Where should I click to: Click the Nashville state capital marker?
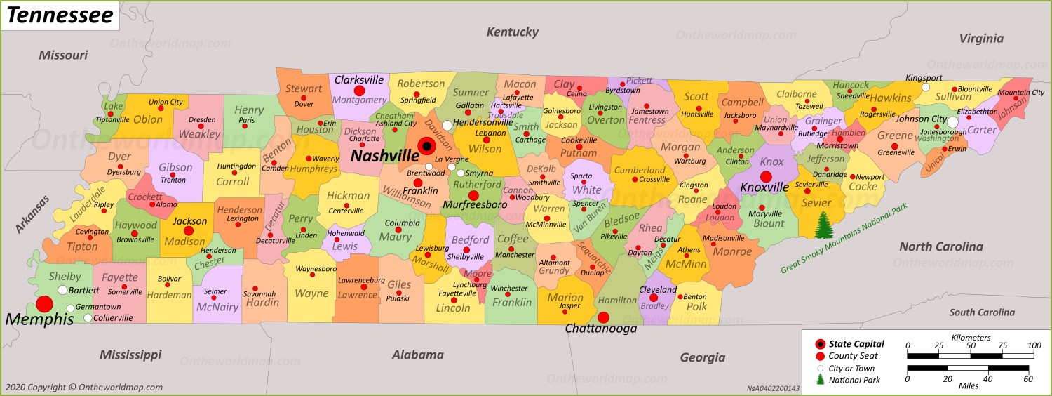click(x=426, y=146)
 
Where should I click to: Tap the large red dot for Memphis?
click(x=44, y=304)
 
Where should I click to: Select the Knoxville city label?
click(x=764, y=187)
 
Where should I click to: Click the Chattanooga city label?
click(x=601, y=329)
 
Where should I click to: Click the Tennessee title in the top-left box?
click(x=60, y=15)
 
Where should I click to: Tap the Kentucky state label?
click(x=512, y=32)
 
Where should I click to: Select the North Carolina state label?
click(x=940, y=246)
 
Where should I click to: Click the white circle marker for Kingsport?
click(x=925, y=88)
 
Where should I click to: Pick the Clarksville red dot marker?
click(x=359, y=91)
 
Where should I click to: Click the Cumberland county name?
click(x=640, y=170)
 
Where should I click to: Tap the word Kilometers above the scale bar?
click(x=971, y=337)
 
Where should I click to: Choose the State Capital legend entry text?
click(x=856, y=344)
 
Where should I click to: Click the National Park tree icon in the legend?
click(x=820, y=380)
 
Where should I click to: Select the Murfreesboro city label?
click(x=475, y=205)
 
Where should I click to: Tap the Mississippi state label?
click(x=130, y=355)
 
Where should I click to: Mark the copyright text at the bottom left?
click(x=83, y=387)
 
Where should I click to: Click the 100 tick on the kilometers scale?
click(x=1034, y=345)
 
